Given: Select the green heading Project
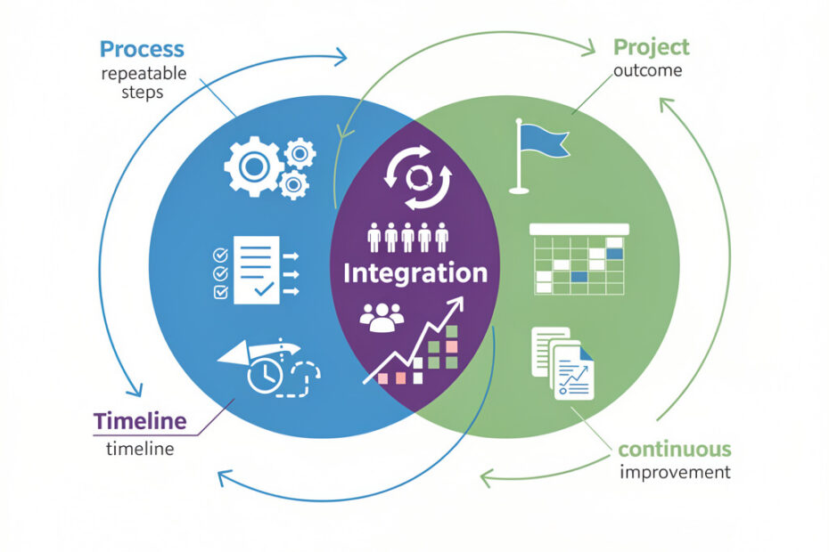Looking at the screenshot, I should pos(651,46).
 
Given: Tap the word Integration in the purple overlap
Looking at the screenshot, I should pos(415,272).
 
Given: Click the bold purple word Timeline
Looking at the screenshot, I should pos(140,420).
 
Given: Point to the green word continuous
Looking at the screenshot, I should pos(674,448).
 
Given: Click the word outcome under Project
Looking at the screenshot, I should pos(650,71).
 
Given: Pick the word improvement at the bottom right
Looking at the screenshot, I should pos(675,472).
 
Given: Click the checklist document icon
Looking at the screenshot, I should pos(254,269).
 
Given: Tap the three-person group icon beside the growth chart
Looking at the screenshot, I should pos(381,317).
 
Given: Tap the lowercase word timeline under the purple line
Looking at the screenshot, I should pos(140,449).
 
